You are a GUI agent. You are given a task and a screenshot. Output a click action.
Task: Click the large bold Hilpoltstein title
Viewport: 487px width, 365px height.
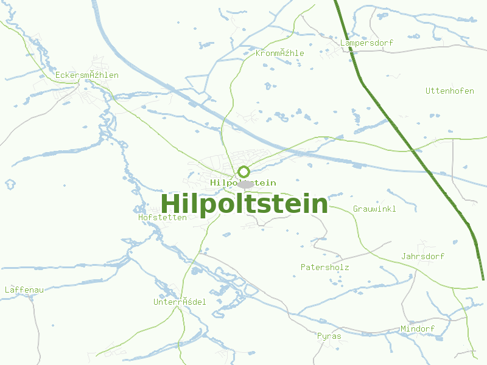click(x=244, y=204)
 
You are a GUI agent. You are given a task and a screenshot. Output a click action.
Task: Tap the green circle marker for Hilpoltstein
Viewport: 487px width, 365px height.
click(x=243, y=172)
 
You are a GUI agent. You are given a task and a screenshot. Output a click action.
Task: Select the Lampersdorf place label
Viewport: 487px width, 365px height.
click(x=366, y=43)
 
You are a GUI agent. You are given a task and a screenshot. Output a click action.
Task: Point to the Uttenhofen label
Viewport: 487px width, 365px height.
click(x=449, y=91)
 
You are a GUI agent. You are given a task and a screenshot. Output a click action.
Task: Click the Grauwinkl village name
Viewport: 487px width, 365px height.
click(x=374, y=209)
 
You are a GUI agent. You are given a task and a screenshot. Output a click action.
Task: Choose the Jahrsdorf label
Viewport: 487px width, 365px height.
click(x=422, y=256)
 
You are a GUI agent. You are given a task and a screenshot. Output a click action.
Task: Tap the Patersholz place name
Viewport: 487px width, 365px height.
click(x=324, y=267)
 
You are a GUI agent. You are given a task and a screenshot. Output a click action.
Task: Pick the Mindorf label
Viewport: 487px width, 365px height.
click(x=418, y=328)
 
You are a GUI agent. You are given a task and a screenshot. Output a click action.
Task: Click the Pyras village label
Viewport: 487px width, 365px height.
click(x=329, y=336)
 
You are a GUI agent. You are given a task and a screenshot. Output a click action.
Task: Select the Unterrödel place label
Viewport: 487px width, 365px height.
click(x=180, y=302)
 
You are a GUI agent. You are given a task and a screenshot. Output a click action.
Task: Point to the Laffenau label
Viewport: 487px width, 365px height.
click(x=24, y=290)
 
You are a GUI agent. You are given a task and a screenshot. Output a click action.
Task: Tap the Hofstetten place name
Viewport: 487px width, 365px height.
click(x=163, y=217)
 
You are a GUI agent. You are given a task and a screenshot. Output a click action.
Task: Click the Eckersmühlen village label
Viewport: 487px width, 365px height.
click(x=86, y=75)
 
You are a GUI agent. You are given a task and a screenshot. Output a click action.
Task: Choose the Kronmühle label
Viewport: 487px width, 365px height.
click(x=279, y=53)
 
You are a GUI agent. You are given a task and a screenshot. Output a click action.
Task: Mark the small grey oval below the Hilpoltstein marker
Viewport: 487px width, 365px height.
click(x=245, y=184)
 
